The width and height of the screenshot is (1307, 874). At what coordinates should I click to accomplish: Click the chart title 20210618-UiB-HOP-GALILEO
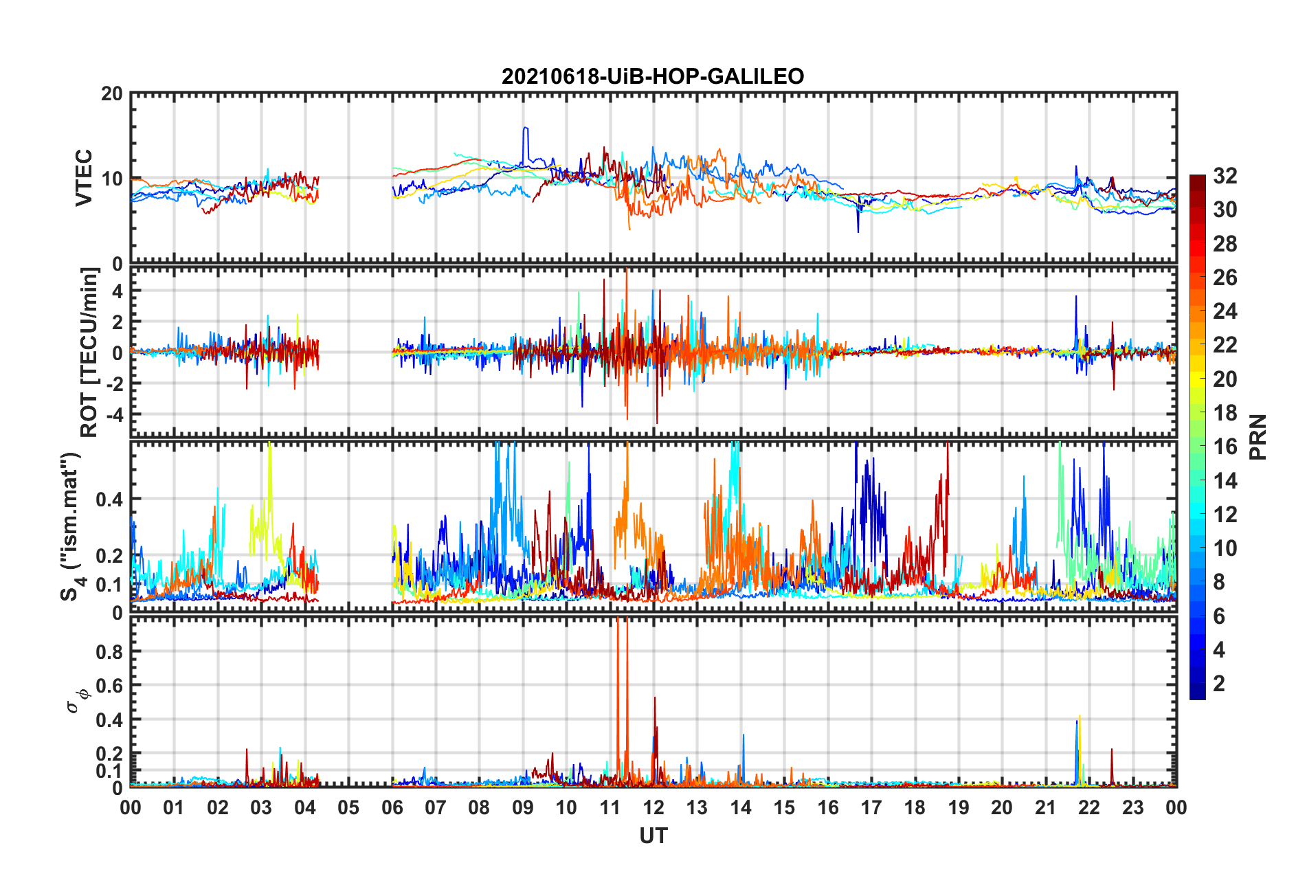[653, 76]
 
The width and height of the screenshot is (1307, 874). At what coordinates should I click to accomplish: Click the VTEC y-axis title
[84, 178]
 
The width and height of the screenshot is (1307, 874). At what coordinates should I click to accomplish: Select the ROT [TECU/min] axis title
[89, 352]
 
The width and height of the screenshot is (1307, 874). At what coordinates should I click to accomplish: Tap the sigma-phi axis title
[77, 699]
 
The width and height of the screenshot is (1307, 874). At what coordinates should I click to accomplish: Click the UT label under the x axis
[653, 836]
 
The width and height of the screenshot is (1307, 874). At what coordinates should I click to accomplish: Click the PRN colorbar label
[1258, 437]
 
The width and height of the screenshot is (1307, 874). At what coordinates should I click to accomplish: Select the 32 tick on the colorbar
[1225, 176]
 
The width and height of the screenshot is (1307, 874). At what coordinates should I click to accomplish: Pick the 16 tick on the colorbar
[1225, 447]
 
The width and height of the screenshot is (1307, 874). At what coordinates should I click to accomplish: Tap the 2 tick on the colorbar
[1219, 684]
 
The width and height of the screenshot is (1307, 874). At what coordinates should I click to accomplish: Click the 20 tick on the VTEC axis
[112, 94]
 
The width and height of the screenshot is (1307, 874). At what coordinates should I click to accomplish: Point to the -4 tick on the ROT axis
[113, 415]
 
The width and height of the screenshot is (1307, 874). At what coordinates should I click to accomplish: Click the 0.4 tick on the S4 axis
[109, 499]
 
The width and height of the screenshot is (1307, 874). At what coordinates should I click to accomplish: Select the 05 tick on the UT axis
[348, 807]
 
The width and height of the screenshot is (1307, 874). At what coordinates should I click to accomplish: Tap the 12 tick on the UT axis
[653, 807]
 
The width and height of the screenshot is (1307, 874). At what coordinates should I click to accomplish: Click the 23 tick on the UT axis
[1132, 807]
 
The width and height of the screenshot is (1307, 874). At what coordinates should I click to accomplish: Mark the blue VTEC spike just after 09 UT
[526, 129]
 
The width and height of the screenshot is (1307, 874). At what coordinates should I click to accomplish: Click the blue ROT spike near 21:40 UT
[1076, 297]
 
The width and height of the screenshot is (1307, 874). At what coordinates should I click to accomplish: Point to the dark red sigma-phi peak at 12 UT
[655, 699]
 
